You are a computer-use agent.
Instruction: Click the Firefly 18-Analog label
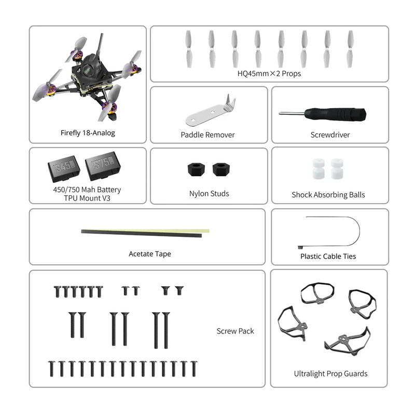coord(88,133)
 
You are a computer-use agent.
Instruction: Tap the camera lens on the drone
coord(87,70)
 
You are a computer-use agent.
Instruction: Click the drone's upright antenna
coord(100,45)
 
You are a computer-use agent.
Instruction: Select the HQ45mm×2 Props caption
coord(269,73)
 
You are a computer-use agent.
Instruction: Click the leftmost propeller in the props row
coord(188,49)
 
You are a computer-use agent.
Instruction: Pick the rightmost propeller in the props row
coord(351,49)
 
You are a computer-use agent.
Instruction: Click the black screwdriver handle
coord(335,114)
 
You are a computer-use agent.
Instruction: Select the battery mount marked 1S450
coord(64,169)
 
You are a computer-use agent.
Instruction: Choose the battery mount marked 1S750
coord(103,165)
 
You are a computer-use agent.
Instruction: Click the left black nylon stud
coord(196,170)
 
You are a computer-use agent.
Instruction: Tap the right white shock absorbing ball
coord(337,169)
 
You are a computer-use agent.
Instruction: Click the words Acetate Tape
coord(150,254)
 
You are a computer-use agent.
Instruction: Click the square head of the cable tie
coord(300,248)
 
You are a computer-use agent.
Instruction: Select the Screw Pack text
coord(236,331)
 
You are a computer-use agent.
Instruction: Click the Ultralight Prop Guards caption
coord(330,373)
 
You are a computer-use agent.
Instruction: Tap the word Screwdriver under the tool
coord(330,135)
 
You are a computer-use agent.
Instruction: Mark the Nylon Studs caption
coord(209,194)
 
